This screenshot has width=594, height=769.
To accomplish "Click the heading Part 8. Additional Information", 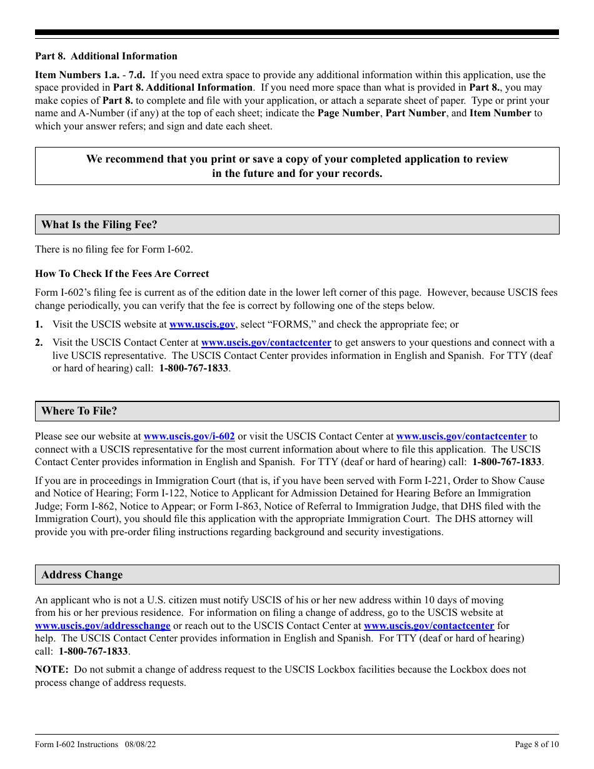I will click(x=106, y=56).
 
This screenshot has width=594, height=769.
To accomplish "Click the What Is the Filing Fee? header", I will click(x=99, y=224).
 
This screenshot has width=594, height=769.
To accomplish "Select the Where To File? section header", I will click(x=79, y=411).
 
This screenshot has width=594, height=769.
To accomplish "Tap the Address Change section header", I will click(x=82, y=575).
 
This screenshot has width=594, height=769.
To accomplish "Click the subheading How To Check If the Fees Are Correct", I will click(x=122, y=274).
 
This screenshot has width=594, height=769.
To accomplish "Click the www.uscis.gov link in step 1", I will click(x=202, y=324).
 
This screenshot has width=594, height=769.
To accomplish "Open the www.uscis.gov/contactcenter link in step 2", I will click(x=266, y=343).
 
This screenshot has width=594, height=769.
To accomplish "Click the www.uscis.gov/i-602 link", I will click(x=189, y=436).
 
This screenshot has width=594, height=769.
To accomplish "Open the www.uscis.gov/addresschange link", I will click(x=103, y=626).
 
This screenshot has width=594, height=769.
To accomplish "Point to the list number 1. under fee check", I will click(x=39, y=324).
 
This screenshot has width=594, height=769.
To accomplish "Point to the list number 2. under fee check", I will click(x=39, y=343).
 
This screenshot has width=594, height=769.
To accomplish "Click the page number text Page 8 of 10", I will click(x=536, y=744).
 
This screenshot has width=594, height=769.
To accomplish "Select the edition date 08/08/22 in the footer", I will click(x=139, y=744).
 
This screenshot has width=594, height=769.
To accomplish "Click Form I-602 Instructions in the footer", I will click(x=76, y=744).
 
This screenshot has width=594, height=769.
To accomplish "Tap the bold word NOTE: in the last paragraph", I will click(x=51, y=670).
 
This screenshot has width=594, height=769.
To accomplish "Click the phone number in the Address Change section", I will click(x=93, y=651).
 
